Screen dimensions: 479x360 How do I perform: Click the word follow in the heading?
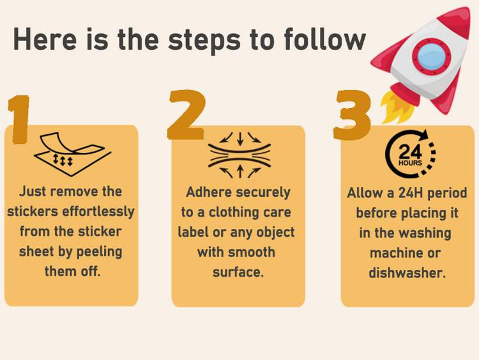tap(324, 39)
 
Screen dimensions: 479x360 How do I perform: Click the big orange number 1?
tap(19, 120)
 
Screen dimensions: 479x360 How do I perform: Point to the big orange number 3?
tap(352, 115)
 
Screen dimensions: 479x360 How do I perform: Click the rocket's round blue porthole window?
tap(431, 56)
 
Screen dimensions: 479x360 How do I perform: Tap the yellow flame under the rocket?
tap(397, 107)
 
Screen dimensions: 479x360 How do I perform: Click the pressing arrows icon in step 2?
tap(240, 155)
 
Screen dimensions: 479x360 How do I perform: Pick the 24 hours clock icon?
tap(410, 154)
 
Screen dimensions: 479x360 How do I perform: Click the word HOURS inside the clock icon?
tap(410, 163)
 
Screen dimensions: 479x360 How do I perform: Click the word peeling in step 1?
tap(99, 252)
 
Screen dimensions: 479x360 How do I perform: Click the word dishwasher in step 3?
tap(407, 272)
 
